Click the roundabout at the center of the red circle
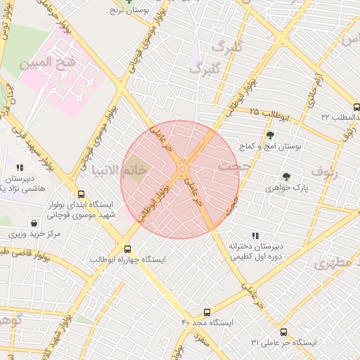pyautogui.click(x=181, y=169)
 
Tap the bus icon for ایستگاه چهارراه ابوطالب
pyautogui.click(x=127, y=248)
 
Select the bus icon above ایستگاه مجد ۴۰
pyautogui.click(x=207, y=311)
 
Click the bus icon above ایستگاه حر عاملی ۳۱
pyautogui.click(x=283, y=332)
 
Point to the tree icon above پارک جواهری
pyautogui.click(x=285, y=176)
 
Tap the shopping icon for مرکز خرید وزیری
pyautogui.click(x=34, y=222)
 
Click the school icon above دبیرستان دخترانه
pyautogui.click(x=255, y=236)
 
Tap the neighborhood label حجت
pyautogui.click(x=233, y=167)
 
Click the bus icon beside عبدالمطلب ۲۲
pyautogui.click(x=356, y=108)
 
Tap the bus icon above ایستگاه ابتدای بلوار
pyautogui.click(x=81, y=194)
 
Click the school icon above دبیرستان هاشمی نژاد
pyautogui.click(x=19, y=168)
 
